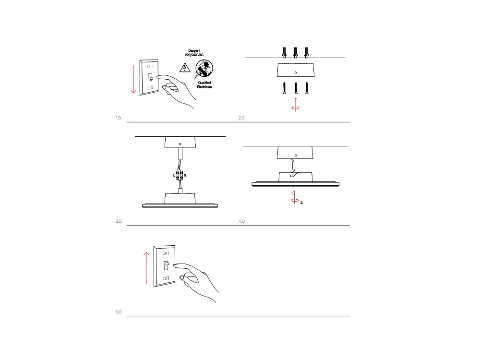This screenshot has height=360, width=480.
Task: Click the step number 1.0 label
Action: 118,118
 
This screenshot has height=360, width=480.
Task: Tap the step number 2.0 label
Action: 241,118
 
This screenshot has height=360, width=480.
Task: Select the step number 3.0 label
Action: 119,221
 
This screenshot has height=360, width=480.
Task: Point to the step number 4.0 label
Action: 241,221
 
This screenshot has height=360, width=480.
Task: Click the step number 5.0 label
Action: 119,312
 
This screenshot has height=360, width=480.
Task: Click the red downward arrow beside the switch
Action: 133,79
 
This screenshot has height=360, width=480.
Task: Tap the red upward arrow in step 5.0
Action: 146,268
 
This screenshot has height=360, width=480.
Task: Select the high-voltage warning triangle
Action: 185,68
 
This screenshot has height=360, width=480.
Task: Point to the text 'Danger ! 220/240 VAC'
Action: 194,53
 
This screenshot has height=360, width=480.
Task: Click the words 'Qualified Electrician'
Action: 204,85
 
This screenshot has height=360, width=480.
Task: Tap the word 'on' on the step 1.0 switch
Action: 150,66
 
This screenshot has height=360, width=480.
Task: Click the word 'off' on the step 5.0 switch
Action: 166,278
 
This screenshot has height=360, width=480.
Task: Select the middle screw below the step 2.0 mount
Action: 296,88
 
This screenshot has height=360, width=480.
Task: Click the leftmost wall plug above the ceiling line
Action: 284,52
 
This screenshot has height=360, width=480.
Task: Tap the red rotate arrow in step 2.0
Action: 295,105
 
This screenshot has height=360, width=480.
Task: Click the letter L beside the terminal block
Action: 174,175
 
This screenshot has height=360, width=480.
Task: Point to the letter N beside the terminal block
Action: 185,175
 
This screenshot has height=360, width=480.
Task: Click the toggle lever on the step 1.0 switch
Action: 150,77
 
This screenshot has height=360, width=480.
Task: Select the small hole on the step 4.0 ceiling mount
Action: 296,156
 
